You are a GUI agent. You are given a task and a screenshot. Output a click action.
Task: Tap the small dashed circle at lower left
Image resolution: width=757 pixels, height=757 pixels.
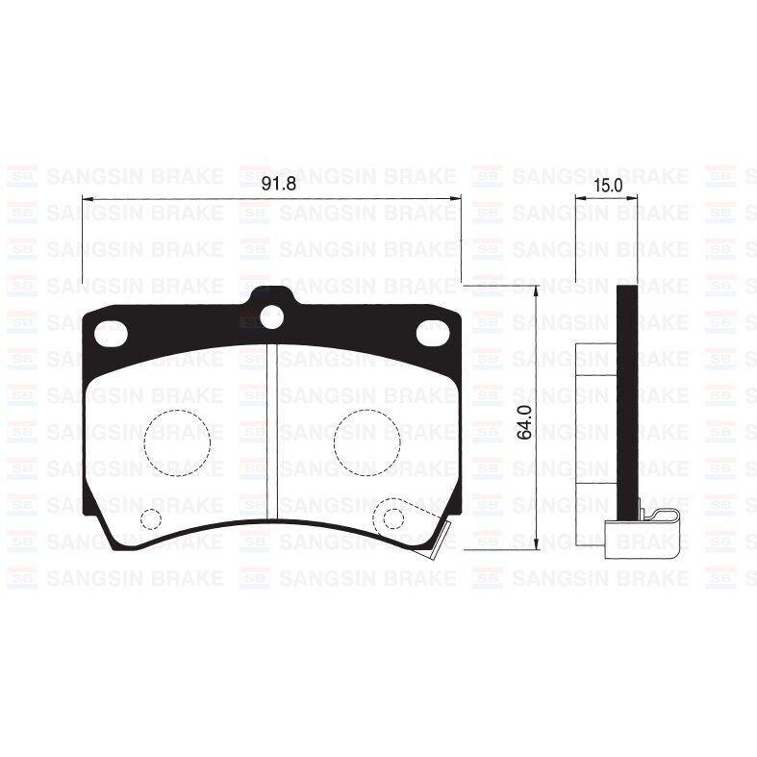150,519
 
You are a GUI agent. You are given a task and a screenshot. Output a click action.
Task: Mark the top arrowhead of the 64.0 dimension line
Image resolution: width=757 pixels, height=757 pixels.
536,290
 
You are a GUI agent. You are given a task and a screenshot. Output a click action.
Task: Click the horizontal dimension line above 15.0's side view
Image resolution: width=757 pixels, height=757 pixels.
606,199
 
